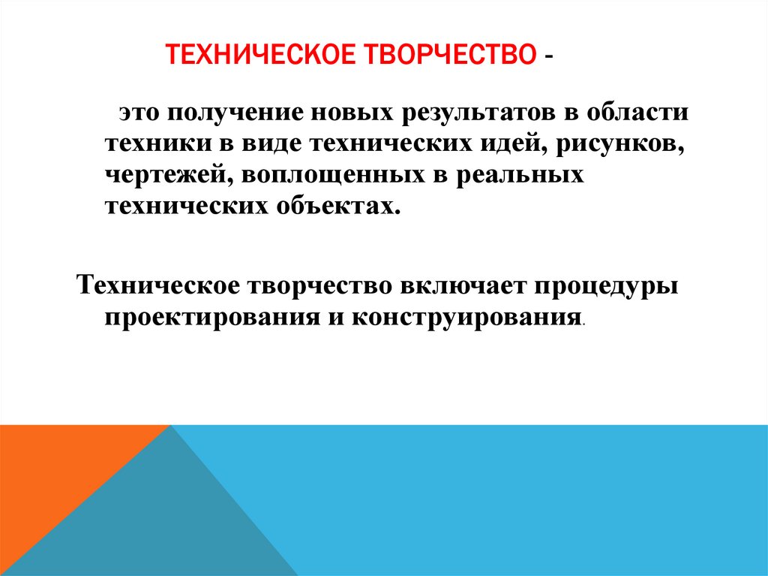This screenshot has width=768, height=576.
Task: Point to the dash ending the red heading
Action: [551, 58]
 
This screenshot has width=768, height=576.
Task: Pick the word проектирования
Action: [211, 317]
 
